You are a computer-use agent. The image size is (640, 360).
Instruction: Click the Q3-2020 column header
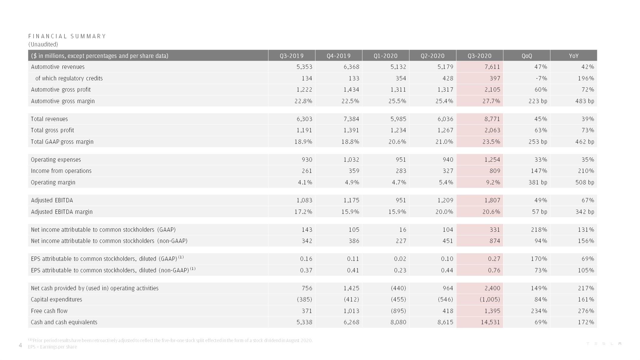(x=479, y=56)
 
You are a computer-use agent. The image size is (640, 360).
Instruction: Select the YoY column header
(x=573, y=56)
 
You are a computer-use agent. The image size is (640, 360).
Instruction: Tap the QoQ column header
(x=527, y=56)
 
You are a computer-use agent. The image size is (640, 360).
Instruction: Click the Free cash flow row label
(x=49, y=311)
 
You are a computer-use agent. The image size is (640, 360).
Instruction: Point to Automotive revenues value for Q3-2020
(x=492, y=67)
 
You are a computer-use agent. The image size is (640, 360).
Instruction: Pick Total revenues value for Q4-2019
(x=351, y=119)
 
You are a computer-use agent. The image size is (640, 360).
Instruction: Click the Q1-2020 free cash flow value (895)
(x=398, y=311)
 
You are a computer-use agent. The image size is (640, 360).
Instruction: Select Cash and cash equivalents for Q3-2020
(x=490, y=322)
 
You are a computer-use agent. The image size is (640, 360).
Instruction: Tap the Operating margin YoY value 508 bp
(x=585, y=182)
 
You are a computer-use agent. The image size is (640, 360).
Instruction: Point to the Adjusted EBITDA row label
(x=52, y=200)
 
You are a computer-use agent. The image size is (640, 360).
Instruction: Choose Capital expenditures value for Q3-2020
(x=490, y=299)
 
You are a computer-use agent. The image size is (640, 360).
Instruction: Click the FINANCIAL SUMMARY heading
(x=67, y=36)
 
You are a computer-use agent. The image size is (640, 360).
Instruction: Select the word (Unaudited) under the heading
(x=43, y=44)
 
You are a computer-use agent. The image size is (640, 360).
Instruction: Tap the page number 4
(x=20, y=345)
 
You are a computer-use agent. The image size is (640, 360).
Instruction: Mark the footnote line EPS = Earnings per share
(x=52, y=347)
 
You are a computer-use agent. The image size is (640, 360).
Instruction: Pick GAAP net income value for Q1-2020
(x=402, y=230)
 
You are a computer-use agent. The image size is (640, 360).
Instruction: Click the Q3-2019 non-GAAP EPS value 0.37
(x=306, y=270)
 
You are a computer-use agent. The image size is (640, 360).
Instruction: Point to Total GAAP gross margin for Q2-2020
(x=444, y=142)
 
